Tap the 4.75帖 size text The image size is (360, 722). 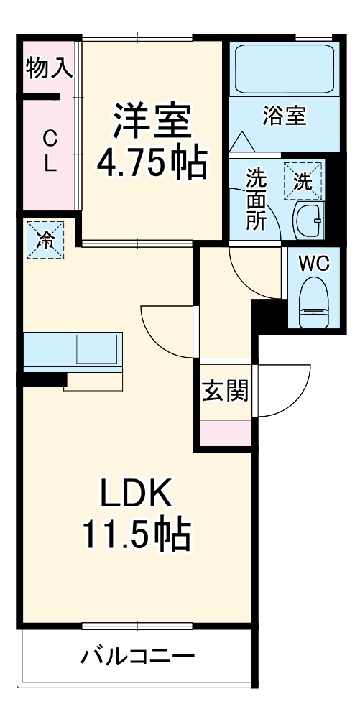152,164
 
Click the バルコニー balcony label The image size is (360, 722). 137,656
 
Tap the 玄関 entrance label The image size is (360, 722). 225,392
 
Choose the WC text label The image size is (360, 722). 313,264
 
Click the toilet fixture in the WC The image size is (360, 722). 313,305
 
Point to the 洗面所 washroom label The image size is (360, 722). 256,200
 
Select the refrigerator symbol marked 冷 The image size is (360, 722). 45,239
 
